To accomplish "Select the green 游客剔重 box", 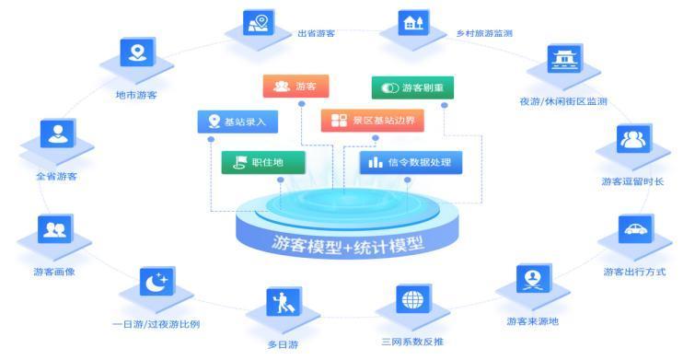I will point(411,87).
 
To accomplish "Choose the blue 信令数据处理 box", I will point(411,163).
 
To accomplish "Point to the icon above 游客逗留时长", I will point(634,139).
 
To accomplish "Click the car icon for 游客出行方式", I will point(635,228).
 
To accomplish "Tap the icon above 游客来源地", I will point(532,277).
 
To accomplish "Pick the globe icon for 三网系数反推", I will point(414,300).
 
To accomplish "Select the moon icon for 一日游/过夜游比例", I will point(156,281).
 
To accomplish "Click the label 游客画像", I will point(54,272).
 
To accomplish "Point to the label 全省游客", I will point(56,176).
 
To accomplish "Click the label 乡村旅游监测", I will point(484,34).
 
